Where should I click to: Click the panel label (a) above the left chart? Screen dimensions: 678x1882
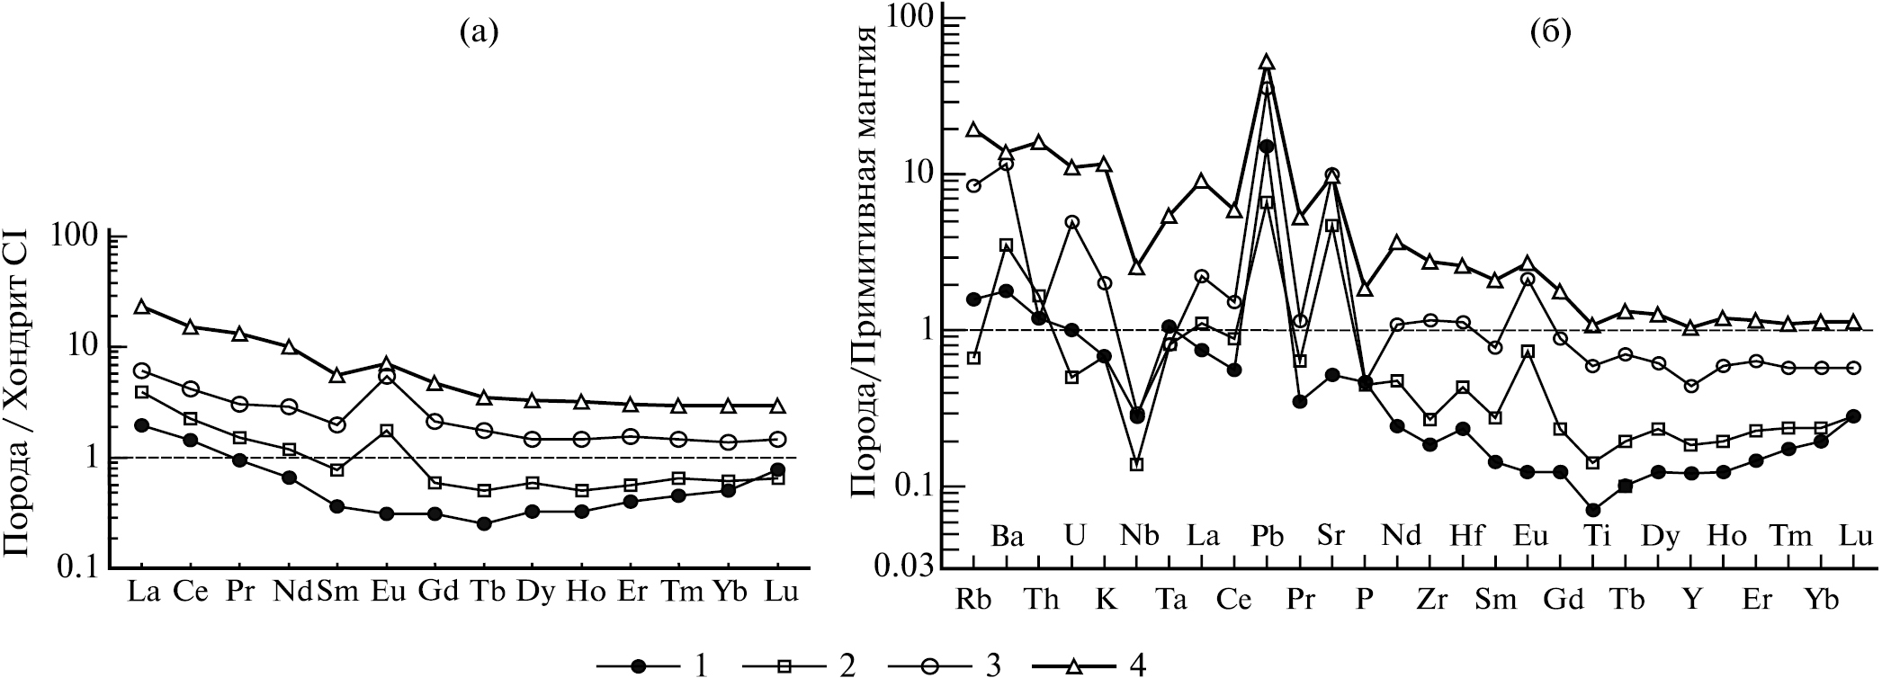coord(478,33)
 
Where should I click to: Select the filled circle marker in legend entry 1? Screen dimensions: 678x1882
coord(640,666)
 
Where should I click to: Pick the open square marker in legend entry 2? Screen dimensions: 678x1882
coord(785,666)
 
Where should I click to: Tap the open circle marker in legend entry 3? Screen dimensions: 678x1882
coord(928,666)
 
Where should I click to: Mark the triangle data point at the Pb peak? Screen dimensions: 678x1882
coord(1267,62)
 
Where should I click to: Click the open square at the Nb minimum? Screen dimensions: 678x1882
coord(1137,465)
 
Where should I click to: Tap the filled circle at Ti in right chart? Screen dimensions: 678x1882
coord(1592,510)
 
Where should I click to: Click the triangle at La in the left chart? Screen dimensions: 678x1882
coord(141,308)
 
